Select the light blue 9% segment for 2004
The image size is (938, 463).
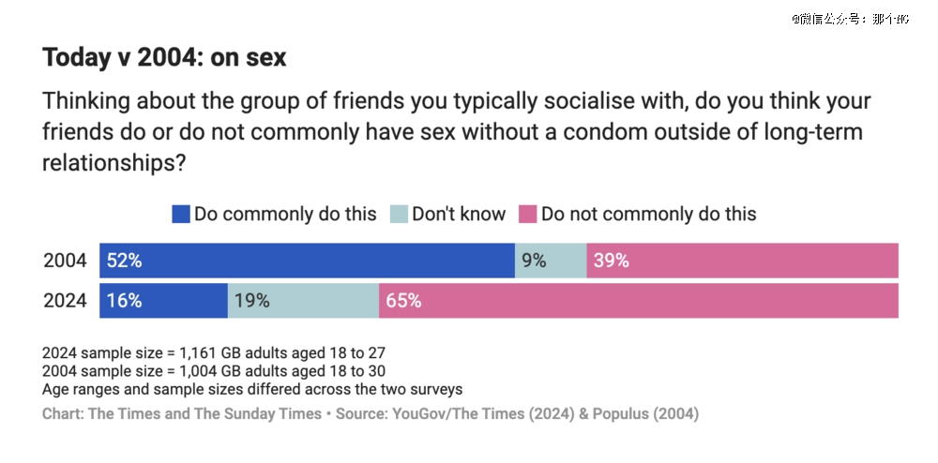pyautogui.click(x=551, y=261)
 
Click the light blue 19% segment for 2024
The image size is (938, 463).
pyautogui.click(x=303, y=301)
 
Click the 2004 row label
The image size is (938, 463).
pyautogui.click(x=65, y=261)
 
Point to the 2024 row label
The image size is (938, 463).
pyautogui.click(x=65, y=301)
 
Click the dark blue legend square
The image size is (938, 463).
pyautogui.click(x=181, y=215)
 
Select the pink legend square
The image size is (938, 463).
pyautogui.click(x=527, y=215)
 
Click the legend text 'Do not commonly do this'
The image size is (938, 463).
pyautogui.click(x=648, y=215)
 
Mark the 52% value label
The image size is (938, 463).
pyautogui.click(x=124, y=261)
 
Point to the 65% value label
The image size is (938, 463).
pyautogui.click(x=403, y=301)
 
